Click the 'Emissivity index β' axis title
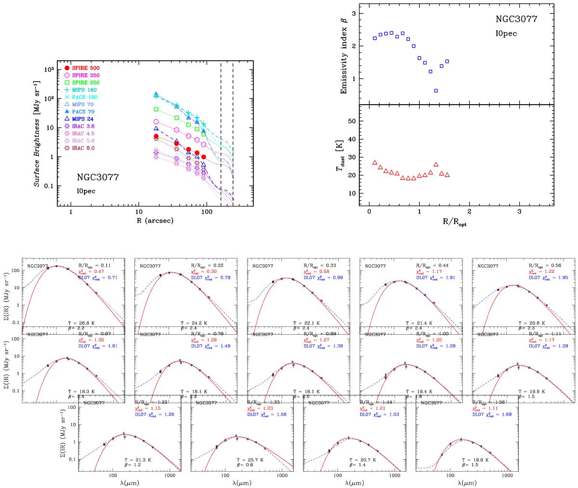click(x=343, y=53)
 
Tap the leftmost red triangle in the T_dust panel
click(x=375, y=163)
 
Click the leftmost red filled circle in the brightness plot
click(x=156, y=136)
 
